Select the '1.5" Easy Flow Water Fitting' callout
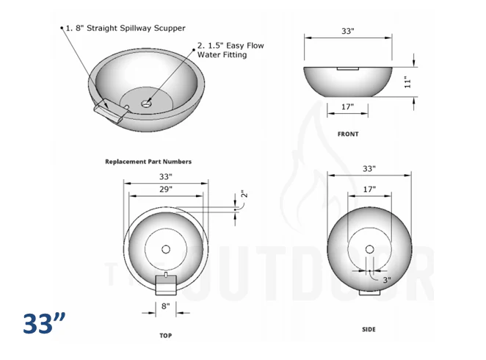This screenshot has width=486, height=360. (x=230, y=51)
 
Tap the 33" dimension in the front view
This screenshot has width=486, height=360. (x=348, y=31)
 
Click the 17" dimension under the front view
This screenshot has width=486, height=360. (x=348, y=107)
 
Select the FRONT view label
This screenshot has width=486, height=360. (x=348, y=134)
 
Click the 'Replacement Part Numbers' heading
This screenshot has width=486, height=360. (x=148, y=162)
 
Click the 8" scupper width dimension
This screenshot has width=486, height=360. (x=165, y=306)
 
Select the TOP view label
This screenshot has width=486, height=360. (x=165, y=334)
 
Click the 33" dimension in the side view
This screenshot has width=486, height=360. (x=369, y=169)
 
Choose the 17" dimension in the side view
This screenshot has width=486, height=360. (x=369, y=190)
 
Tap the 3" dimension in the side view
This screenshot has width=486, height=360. (x=386, y=280)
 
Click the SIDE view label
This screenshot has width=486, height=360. (x=369, y=329)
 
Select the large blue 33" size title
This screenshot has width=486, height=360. (x=44, y=323)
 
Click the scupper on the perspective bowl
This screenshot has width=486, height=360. (x=109, y=109)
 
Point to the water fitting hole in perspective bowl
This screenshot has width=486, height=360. (x=146, y=104)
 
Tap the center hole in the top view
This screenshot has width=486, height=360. (x=165, y=247)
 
